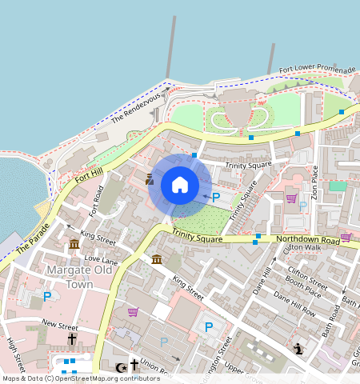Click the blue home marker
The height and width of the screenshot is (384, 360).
click(x=180, y=185)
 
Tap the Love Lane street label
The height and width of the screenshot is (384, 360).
click(x=101, y=260)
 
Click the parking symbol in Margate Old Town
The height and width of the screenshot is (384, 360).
click(x=47, y=296)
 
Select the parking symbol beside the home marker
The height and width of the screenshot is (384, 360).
click(x=215, y=196)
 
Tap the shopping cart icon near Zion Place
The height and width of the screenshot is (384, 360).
click(x=291, y=198)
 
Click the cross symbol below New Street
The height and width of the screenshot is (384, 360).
click(x=71, y=339)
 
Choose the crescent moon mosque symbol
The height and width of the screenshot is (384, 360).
click(x=121, y=367)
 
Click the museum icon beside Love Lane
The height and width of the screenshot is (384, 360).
click(x=74, y=244)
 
